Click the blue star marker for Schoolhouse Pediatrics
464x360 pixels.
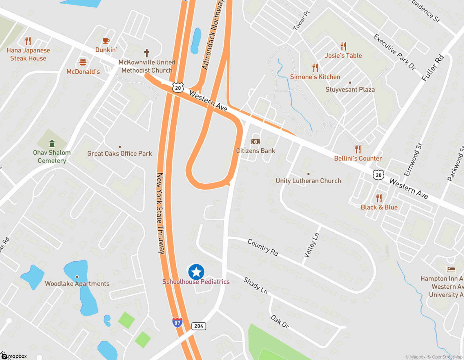point(196,272)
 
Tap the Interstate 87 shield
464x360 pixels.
point(177,322)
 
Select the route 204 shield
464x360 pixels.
point(199,326)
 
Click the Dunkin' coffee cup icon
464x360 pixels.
point(106,41)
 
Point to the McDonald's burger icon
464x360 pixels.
point(83,62)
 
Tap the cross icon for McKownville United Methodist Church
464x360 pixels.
point(147,53)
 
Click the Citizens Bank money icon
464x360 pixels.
point(255,142)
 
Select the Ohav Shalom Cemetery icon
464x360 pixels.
point(52,144)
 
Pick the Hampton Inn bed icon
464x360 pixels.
point(451,269)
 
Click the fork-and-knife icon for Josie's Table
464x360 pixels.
point(343,46)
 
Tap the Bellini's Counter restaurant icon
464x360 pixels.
point(358,149)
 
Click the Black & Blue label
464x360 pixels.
point(379,207)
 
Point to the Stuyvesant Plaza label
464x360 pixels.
point(350,90)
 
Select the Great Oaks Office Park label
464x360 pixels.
point(119,154)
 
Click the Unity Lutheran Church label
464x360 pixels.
point(308,181)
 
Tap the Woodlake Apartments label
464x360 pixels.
point(77,284)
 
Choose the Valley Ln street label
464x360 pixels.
point(311,245)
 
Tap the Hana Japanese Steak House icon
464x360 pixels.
point(28,41)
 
